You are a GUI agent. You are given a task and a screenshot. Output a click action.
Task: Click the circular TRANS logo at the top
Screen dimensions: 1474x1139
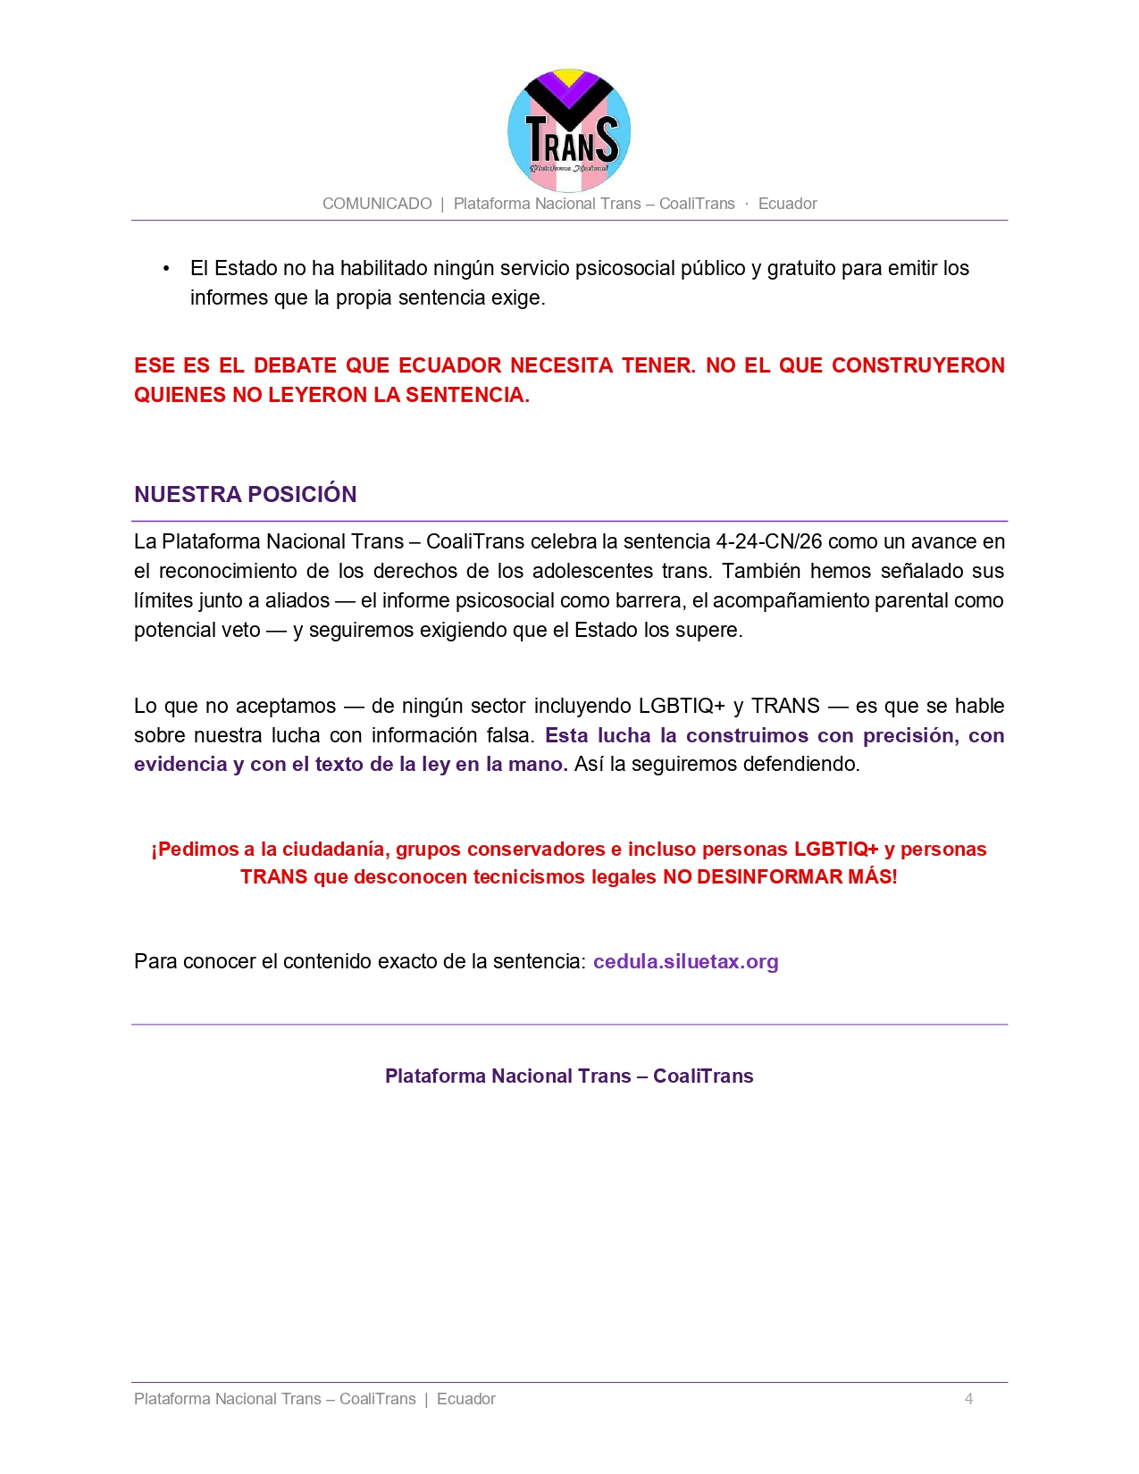(x=569, y=130)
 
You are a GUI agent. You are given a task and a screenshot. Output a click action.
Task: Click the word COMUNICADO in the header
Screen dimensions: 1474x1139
(x=377, y=204)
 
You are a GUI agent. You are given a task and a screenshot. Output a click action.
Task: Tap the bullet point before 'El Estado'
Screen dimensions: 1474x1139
(x=166, y=269)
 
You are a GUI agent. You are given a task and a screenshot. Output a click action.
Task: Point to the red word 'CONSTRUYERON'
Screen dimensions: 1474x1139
(x=917, y=365)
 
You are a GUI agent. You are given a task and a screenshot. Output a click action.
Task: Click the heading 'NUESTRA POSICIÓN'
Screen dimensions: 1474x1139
(x=245, y=494)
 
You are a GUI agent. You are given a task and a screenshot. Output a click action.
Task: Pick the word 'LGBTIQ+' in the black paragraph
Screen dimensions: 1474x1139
(x=682, y=706)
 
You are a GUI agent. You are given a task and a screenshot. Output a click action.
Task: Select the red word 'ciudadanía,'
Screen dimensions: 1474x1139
(x=336, y=849)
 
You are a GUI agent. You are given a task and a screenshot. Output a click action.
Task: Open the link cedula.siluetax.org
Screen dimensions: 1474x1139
(x=685, y=961)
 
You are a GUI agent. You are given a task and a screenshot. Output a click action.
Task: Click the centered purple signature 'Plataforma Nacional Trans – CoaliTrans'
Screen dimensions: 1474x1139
(x=569, y=1076)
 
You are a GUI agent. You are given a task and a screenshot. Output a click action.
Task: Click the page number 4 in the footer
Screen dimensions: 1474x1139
(x=968, y=1399)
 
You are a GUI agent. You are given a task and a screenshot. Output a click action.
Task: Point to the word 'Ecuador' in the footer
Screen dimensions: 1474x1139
(x=465, y=1399)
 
